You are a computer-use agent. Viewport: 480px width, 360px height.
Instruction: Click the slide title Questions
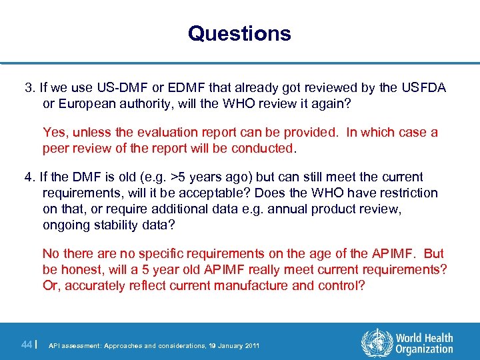tap(239, 33)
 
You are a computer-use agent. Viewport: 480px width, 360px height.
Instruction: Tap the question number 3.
tap(29, 87)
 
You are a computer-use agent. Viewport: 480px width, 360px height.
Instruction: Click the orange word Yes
tap(54, 132)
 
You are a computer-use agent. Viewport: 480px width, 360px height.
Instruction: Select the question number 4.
tap(29, 177)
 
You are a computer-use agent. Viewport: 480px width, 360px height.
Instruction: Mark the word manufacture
tap(257, 285)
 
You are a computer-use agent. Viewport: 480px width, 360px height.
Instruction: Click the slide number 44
tap(27, 345)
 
